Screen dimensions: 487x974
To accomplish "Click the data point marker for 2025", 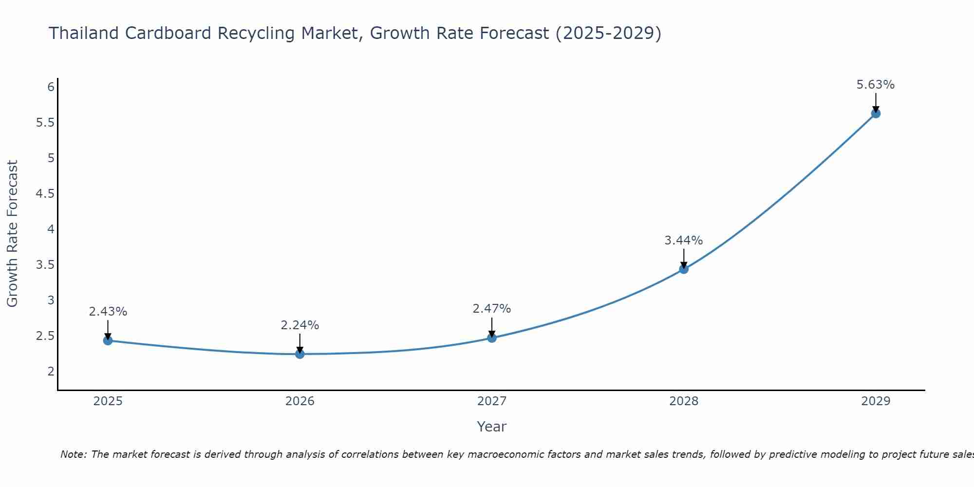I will tap(108, 340).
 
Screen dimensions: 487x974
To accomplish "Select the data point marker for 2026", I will tap(300, 354).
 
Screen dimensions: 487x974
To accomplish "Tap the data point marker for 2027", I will tap(492, 337).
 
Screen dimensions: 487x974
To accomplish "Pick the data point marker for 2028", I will tap(684, 269).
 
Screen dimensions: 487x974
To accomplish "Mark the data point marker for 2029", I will tap(876, 113).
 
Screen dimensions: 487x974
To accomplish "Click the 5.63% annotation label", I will tap(876, 85).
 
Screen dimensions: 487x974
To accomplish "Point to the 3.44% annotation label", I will tap(684, 241).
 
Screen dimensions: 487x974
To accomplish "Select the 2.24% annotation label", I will tap(300, 325).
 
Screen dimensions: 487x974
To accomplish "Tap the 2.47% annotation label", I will tap(492, 309).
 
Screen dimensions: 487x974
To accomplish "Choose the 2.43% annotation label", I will tap(108, 312).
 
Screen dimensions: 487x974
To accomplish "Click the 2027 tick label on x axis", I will tap(492, 401).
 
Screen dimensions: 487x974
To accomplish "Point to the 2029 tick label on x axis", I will tap(876, 401).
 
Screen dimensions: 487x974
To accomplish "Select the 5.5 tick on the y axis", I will tap(45, 123).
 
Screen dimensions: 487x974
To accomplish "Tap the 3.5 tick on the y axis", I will tap(45, 265).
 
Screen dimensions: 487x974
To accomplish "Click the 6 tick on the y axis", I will tap(51, 87).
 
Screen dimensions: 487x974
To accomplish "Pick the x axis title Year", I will tap(492, 427).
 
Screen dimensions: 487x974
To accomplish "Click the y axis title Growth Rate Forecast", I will tap(13, 234).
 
